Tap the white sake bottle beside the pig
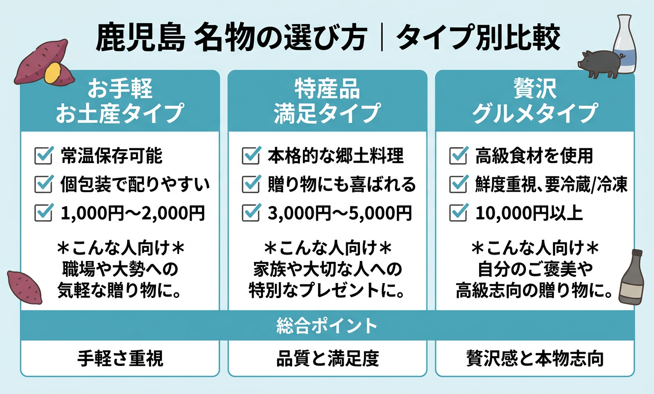[x=624, y=44]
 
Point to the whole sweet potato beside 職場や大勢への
[x=24, y=286]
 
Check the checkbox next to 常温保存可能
[x=44, y=156]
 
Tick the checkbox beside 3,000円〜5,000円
[x=252, y=213]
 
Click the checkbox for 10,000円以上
[x=459, y=213]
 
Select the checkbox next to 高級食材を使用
[x=459, y=156]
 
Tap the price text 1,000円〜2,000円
[x=132, y=213]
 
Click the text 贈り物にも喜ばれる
[x=342, y=185]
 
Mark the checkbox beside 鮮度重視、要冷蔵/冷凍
[x=459, y=185]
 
